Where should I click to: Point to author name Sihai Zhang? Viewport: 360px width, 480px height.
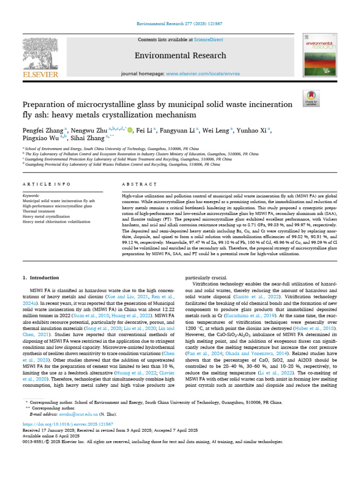pos(88,138)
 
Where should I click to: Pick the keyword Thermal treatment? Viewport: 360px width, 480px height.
pos(39,211)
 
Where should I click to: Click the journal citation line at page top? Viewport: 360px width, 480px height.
pos(180,23)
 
